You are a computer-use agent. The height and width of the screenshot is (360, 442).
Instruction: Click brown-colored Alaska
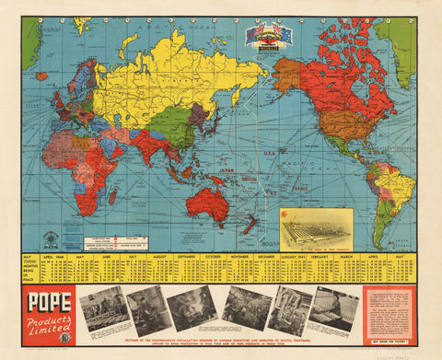[x=287, y=73]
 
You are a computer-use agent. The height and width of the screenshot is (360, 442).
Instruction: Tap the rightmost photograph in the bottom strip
[x=333, y=308]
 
